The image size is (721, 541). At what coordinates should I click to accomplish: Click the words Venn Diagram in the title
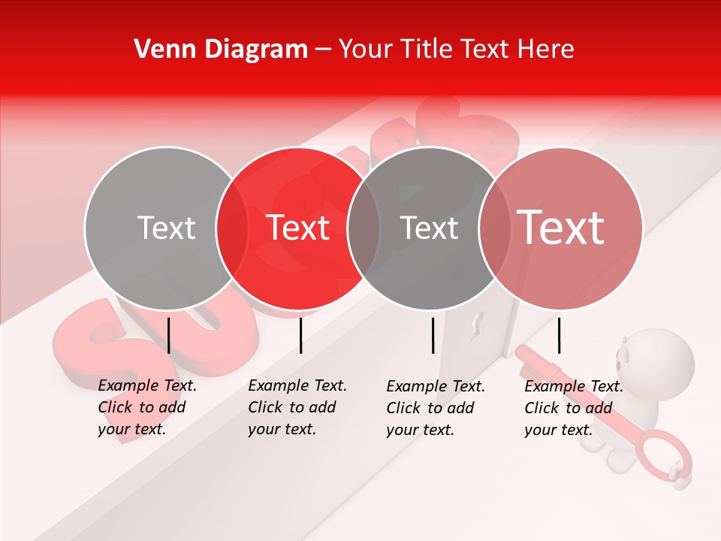click(221, 50)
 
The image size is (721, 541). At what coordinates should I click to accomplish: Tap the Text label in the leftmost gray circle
click(166, 228)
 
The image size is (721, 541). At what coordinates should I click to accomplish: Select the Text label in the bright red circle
click(298, 228)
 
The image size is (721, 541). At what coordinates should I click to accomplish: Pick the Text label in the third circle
click(429, 228)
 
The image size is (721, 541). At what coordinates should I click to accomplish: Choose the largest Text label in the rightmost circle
click(561, 227)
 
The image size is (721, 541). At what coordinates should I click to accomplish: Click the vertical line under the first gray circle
click(169, 335)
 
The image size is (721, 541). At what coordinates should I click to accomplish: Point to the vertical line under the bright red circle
click(300, 335)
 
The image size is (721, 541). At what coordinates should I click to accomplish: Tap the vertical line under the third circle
click(433, 335)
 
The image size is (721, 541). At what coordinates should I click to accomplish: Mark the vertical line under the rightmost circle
click(559, 335)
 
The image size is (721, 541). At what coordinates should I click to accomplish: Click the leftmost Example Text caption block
click(147, 407)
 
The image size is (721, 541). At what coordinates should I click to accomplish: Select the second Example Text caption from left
click(297, 407)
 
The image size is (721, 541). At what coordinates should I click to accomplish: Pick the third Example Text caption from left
click(436, 408)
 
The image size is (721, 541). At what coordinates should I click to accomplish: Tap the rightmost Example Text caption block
click(574, 408)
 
